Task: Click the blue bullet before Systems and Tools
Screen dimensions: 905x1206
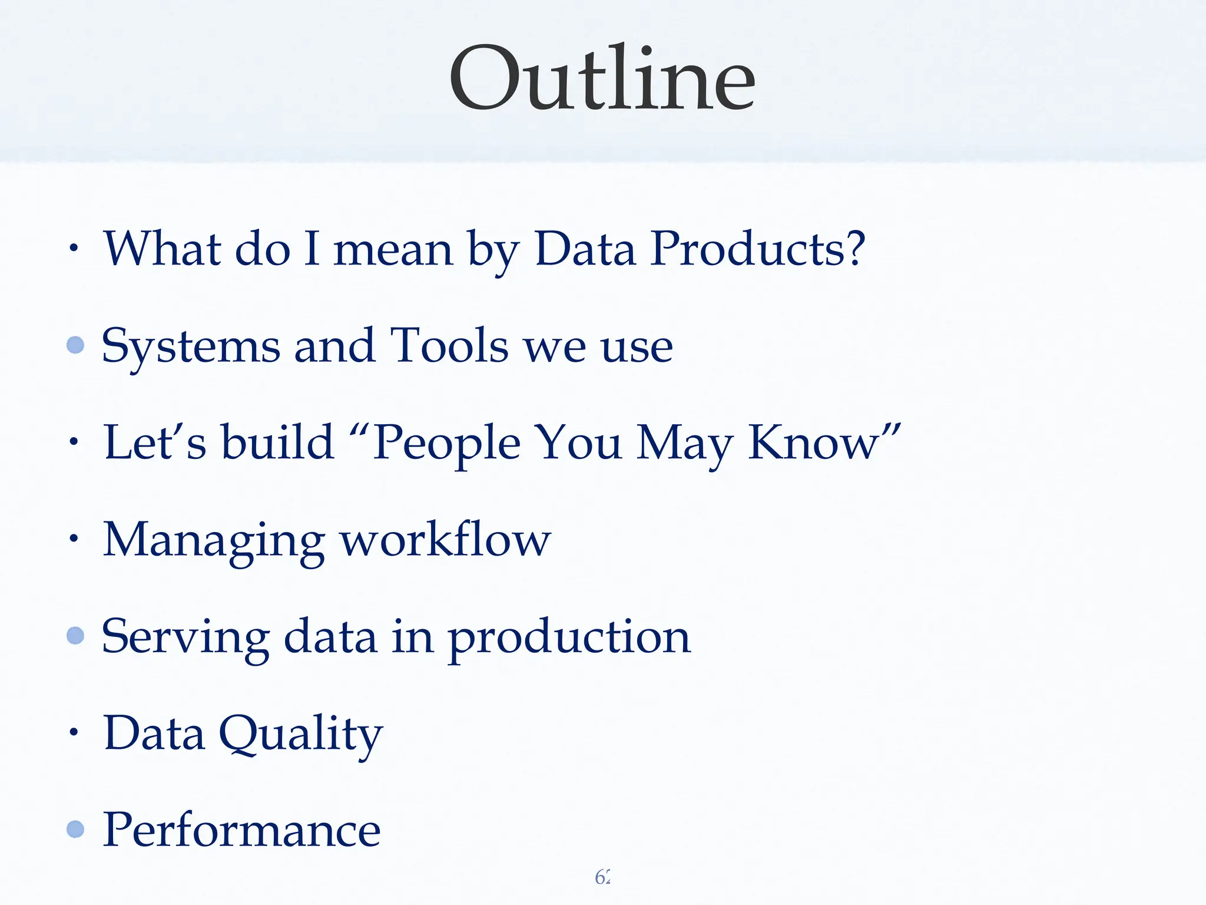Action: tap(75, 345)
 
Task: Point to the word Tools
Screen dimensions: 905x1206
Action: tap(450, 346)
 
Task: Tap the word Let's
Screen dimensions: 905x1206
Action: tap(155, 443)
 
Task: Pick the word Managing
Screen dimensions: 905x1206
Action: tap(213, 541)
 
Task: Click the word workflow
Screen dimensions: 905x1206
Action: tap(446, 540)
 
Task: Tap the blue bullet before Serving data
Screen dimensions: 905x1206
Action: tap(75, 635)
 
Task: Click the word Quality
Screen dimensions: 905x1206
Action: tap(301, 734)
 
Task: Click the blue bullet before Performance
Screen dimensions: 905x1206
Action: tap(75, 829)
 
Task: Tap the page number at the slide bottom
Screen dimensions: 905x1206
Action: tap(602, 877)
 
